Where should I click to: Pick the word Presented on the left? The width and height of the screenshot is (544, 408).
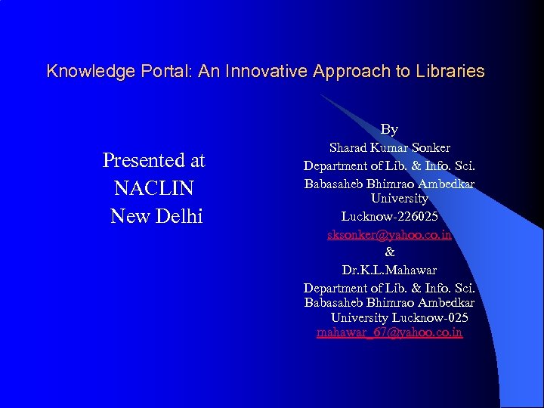[141, 160]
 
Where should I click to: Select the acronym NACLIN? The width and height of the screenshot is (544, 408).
[154, 188]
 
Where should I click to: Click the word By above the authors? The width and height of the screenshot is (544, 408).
[389, 129]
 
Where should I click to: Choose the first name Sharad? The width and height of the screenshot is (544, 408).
[349, 147]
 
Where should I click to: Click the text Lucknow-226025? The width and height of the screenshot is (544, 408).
[389, 217]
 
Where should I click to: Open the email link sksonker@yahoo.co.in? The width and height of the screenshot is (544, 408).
[389, 235]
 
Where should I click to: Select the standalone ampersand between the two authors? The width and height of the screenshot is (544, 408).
[390, 252]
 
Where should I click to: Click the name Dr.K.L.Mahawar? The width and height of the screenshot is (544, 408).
[389, 270]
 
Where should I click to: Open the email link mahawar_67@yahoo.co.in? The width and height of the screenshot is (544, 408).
[389, 332]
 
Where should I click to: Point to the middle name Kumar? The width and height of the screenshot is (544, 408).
[390, 147]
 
